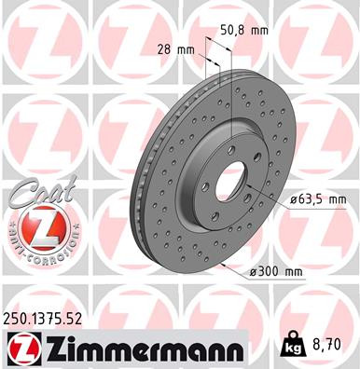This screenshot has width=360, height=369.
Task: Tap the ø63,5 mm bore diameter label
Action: click(x=318, y=198)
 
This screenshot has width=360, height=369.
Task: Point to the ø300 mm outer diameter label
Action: click(x=277, y=271)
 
